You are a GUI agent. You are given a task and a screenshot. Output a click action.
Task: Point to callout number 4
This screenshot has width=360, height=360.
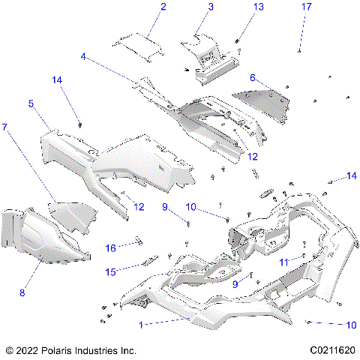pos(84,55)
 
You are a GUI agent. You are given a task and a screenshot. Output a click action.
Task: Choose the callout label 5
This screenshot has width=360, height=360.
pos(31,104)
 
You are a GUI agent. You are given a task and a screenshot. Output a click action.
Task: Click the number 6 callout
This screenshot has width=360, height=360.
pos(253,77)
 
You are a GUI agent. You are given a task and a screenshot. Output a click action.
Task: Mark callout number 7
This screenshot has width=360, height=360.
pos(5,128)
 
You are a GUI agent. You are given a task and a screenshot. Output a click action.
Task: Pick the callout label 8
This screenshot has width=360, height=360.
pos(22,292)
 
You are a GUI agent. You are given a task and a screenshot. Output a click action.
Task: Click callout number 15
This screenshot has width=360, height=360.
pos(111,271)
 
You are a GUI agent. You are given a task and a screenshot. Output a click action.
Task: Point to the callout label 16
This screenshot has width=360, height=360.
pos(110,247)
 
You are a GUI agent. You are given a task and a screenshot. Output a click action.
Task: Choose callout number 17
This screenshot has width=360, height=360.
pos(306,7)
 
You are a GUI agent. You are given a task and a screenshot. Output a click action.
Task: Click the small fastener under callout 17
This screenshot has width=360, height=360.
pos(300,50)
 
